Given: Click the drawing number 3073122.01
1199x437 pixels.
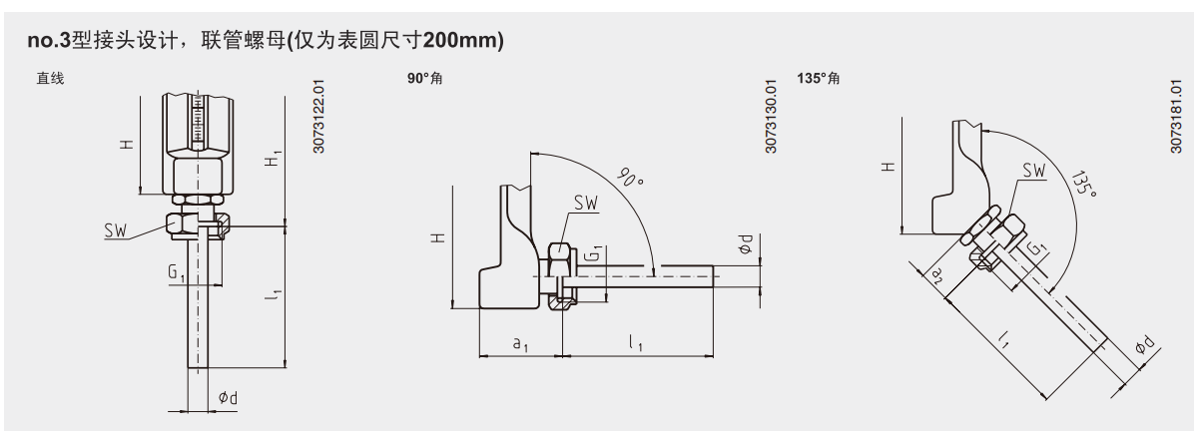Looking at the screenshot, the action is click(x=318, y=116).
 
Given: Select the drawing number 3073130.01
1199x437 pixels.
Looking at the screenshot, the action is click(x=771, y=116).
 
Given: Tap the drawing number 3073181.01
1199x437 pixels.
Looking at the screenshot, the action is click(x=1175, y=116).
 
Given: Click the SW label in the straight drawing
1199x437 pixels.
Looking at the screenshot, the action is click(x=116, y=230).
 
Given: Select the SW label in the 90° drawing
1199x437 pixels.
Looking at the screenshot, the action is click(x=586, y=203).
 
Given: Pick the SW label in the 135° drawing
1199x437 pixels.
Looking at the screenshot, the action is click(x=1034, y=171).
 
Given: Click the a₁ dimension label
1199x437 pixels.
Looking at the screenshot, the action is click(x=520, y=343).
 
